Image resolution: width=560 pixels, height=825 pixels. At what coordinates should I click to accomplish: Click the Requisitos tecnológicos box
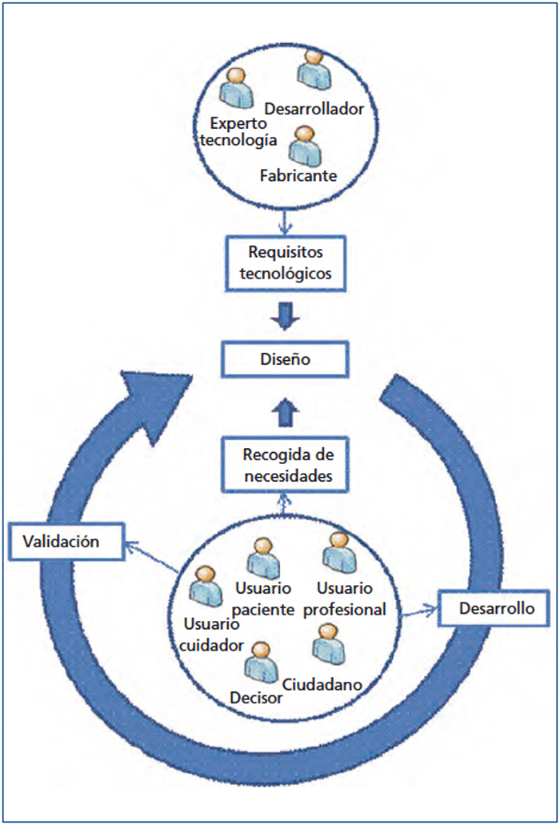(x=286, y=263)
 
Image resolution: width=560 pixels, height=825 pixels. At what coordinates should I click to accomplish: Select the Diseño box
(x=285, y=359)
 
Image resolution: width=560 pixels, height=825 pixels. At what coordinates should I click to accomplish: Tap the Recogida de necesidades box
(x=285, y=465)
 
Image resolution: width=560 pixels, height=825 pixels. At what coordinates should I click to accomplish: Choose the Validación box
(x=66, y=542)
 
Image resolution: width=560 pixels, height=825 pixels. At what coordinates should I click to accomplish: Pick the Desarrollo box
(x=494, y=608)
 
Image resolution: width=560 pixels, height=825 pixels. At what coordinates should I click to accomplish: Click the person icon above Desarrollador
(x=314, y=68)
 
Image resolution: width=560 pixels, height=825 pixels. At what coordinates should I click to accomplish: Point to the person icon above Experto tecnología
(x=236, y=87)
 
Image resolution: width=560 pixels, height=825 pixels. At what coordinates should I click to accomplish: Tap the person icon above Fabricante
(x=305, y=145)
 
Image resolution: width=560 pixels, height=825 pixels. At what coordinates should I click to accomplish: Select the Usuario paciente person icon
(x=263, y=558)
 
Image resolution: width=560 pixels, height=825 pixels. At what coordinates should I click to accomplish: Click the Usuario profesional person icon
(x=339, y=552)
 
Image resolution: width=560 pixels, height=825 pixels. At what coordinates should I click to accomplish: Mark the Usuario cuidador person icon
(x=205, y=586)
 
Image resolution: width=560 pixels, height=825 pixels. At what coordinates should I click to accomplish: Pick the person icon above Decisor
(x=261, y=662)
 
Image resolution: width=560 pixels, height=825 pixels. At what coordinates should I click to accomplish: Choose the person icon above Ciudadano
(x=329, y=644)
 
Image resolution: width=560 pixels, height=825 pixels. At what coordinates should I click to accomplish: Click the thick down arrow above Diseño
(x=285, y=316)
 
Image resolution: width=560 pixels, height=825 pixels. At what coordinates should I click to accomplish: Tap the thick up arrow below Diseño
(x=285, y=413)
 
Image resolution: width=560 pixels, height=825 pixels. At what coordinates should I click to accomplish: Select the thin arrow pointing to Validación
(x=151, y=558)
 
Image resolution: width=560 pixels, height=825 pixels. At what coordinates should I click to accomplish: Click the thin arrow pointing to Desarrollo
(x=419, y=612)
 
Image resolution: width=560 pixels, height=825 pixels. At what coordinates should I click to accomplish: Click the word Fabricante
(x=298, y=175)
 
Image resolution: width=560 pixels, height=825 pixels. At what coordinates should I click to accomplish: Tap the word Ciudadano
(x=322, y=684)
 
